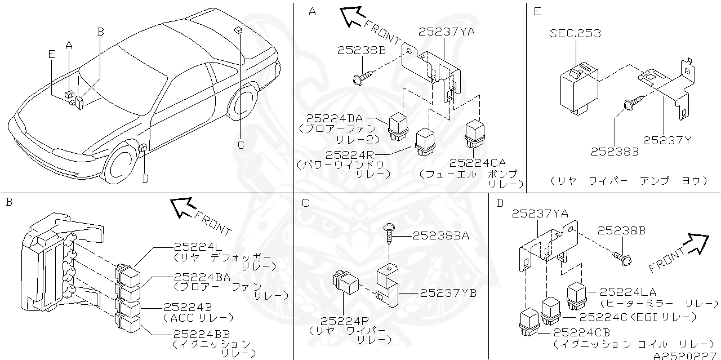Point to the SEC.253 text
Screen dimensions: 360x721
[575, 34]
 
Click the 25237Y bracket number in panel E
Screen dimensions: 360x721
[667, 140]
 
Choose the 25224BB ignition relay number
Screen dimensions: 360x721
[201, 334]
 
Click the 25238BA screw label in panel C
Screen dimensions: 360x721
[440, 236]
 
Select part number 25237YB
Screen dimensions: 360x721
[448, 293]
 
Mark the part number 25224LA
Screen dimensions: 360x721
[627, 292]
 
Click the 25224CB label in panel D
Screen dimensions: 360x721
[581, 332]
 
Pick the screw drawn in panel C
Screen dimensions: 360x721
[388, 232]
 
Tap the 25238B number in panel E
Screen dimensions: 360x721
[615, 151]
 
